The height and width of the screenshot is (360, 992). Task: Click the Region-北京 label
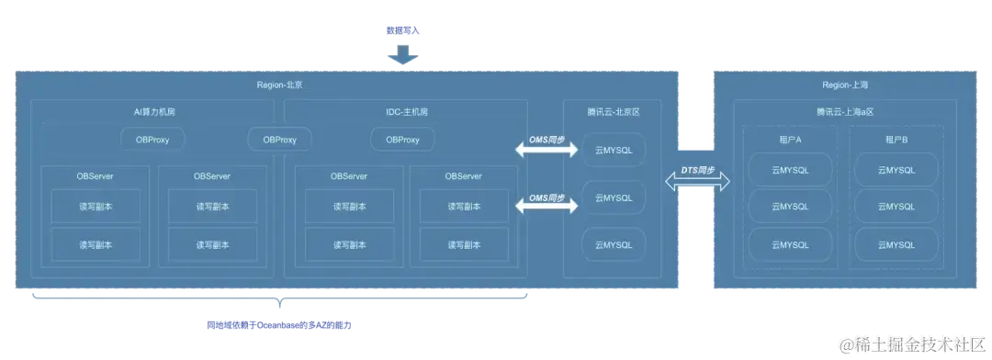click(279, 84)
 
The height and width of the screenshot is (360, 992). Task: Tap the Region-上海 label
click(845, 84)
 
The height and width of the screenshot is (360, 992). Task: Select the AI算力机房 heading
click(153, 111)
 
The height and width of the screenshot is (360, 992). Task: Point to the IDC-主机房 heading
click(406, 111)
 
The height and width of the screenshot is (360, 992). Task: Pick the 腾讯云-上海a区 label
click(845, 111)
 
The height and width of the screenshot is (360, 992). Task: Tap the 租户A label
click(790, 139)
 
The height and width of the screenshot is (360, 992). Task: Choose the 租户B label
click(896, 139)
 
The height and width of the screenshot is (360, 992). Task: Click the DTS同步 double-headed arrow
click(697, 181)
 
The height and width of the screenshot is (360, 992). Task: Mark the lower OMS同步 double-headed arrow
click(547, 203)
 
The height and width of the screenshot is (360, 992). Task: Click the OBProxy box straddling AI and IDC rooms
click(279, 140)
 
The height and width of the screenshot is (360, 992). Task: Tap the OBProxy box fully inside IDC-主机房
click(402, 140)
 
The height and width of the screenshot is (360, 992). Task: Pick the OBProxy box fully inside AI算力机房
click(152, 140)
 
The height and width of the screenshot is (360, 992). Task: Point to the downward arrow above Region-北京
click(401, 58)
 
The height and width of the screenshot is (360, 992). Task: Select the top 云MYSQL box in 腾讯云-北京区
click(614, 150)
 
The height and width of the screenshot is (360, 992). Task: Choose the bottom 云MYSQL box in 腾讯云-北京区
click(614, 244)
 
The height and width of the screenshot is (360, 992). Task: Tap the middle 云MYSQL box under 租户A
click(790, 207)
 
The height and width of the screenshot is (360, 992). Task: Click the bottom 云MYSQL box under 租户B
click(896, 244)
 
